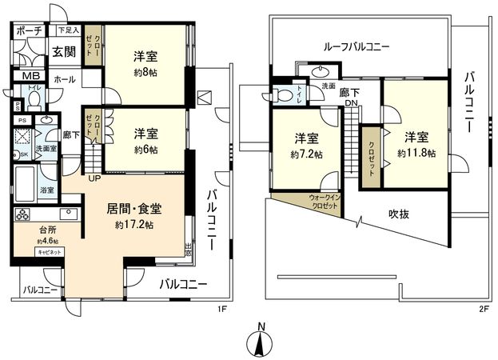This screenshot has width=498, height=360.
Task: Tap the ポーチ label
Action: coord(30,30)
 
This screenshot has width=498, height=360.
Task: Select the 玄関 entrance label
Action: coord(64,52)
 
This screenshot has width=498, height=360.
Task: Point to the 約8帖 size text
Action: coord(145,71)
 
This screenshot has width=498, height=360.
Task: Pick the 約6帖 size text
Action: coord(145,148)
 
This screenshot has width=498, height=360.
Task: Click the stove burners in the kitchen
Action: coord(22,214)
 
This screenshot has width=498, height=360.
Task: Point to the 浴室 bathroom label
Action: coord(46,190)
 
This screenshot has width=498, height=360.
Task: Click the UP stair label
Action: coord(94,178)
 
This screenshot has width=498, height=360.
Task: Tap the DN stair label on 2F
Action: coord(352,103)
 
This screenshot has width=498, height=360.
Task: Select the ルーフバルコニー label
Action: coord(356,47)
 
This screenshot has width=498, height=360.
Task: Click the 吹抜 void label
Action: coord(400,214)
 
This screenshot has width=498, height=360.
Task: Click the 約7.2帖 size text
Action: coord(306,154)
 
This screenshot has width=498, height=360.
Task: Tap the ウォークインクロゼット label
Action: coord(324,201)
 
